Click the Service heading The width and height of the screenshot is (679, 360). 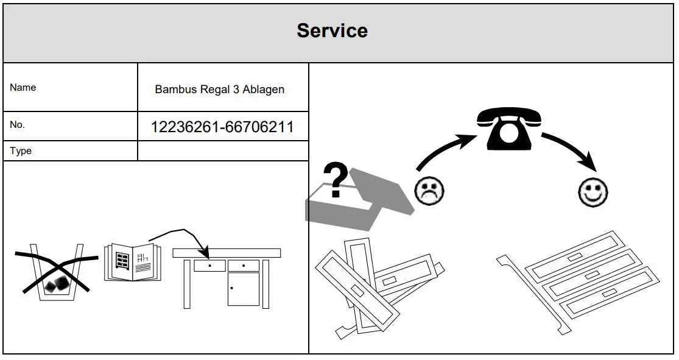pos(332,31)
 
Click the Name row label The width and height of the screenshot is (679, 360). pos(23,88)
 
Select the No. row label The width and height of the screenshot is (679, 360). pos(17,125)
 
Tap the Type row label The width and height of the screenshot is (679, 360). pos(21,151)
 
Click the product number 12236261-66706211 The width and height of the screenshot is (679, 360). pos(222,127)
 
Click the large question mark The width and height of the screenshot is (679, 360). pos(336,179)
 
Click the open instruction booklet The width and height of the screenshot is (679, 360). pos(133,262)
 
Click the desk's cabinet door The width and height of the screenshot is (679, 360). pos(243,289)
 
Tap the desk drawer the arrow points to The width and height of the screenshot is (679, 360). pos(209,266)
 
